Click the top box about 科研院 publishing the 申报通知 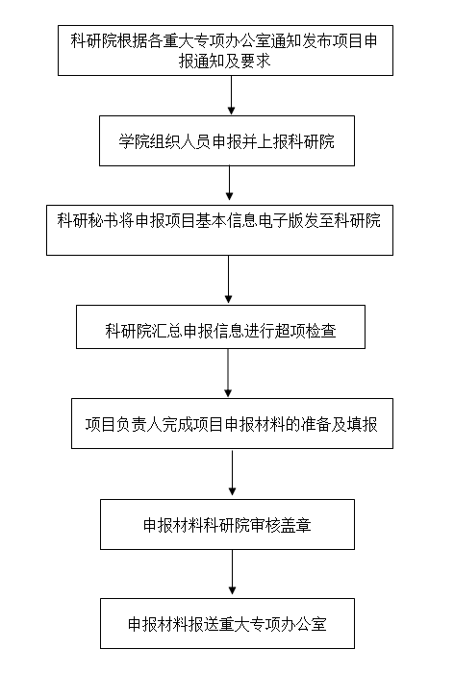tap(225, 50)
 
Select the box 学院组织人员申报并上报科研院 tap(227, 140)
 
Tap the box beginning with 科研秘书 tap(219, 230)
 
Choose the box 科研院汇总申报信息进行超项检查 tap(220, 327)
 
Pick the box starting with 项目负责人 tap(232, 423)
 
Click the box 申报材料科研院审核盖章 tap(227, 524)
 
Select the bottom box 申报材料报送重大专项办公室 tap(227, 623)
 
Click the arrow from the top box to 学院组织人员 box tap(231, 95)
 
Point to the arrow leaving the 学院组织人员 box tap(229, 183)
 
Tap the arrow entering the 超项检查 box tap(228, 280)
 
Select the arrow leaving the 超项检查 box tap(228, 373)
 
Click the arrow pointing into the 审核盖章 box tap(232, 473)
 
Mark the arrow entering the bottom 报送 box tap(232, 572)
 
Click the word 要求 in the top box tap(256, 61)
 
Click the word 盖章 tap(296, 525)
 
